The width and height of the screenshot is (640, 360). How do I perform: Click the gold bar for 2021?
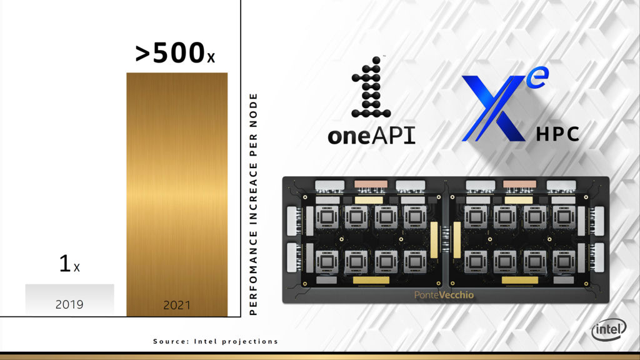[177, 194]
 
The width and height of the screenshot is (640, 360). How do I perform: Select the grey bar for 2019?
[70, 299]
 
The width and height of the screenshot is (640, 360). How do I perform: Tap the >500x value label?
[175, 52]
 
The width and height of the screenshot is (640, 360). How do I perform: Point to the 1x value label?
[69, 263]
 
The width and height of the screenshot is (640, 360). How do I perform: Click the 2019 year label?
[69, 304]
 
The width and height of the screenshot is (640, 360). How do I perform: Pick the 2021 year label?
[177, 305]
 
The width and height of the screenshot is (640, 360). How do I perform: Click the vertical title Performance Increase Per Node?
[253, 204]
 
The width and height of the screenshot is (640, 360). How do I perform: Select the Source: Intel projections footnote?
[216, 341]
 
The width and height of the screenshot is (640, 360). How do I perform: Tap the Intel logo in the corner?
[609, 329]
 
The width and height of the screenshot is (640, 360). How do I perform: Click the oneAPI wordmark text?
[371, 135]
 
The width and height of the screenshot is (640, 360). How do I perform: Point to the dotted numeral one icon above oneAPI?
[371, 87]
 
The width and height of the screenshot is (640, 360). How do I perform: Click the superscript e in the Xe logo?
[537, 77]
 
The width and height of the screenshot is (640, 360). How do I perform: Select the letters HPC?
[557, 134]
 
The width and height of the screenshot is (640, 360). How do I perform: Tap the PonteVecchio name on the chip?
[444, 295]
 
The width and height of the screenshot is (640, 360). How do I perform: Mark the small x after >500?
[211, 58]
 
